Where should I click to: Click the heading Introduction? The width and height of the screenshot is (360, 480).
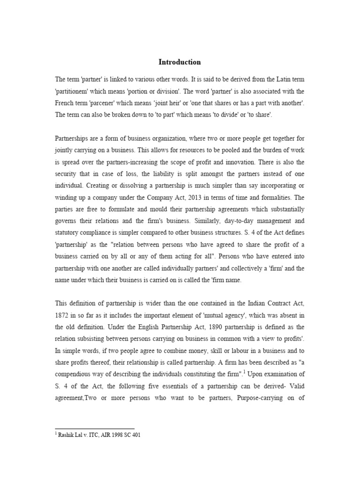point(180,62)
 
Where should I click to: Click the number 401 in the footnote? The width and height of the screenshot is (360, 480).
point(135,435)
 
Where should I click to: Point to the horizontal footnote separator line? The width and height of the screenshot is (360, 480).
point(95,428)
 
